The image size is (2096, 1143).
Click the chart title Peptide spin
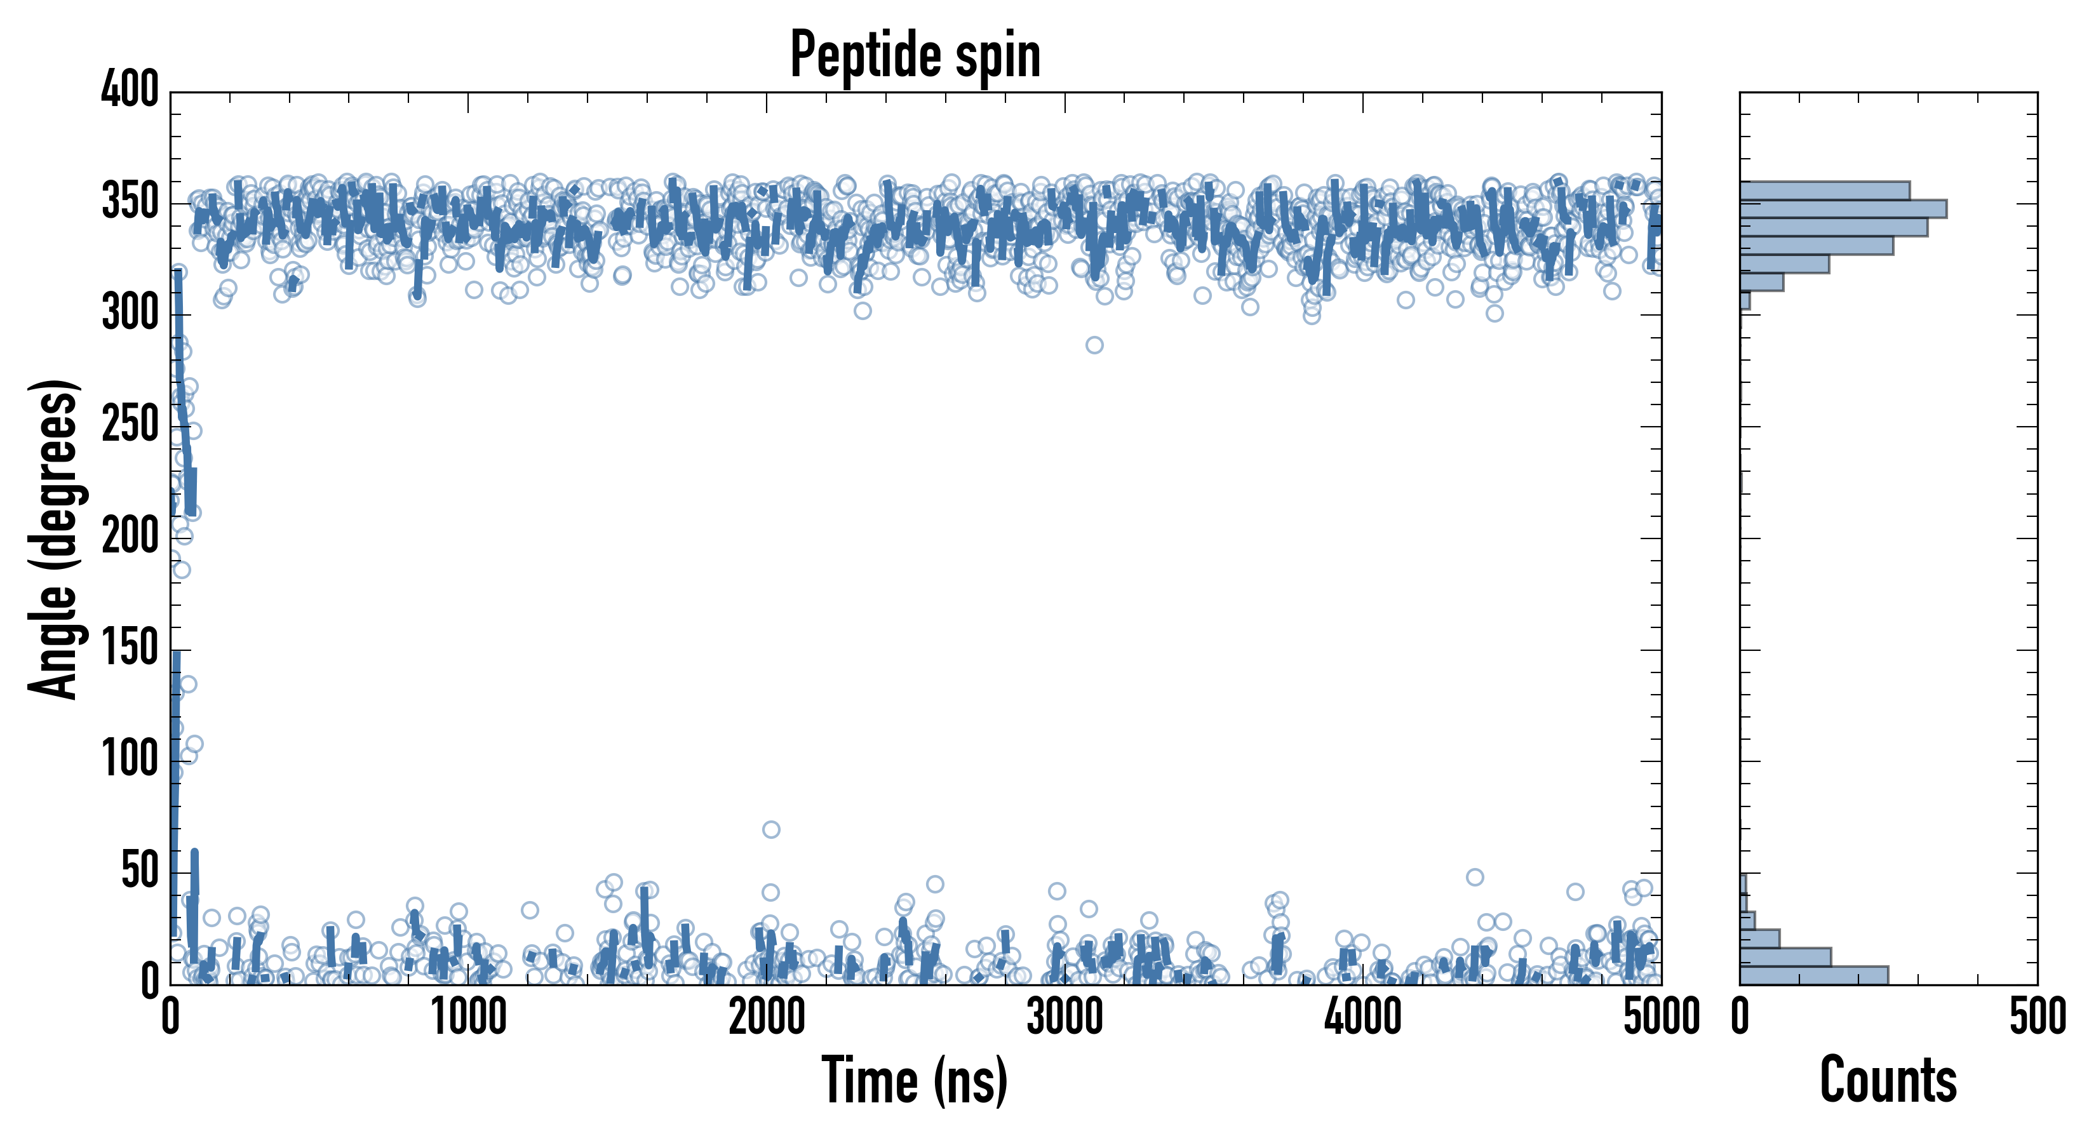pyautogui.click(x=915, y=55)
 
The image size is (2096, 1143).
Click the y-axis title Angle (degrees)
pyautogui.click(x=54, y=538)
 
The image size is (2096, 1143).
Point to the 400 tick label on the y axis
pyautogui.click(x=130, y=89)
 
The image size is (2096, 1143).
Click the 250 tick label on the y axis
pyautogui.click(x=130, y=425)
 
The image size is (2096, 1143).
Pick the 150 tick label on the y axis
pyautogui.click(x=130, y=648)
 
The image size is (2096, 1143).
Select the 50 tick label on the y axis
pyautogui.click(x=139, y=871)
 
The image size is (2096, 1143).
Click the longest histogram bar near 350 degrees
pyautogui.click(x=1843, y=209)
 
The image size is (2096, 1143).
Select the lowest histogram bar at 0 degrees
pyautogui.click(x=1813, y=975)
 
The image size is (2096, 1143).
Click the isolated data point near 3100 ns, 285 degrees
pyautogui.click(x=1094, y=345)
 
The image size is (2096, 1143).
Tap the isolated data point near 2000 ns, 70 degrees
pyautogui.click(x=770, y=829)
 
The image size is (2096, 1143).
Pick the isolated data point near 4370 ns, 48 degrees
pyautogui.click(x=1474, y=877)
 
